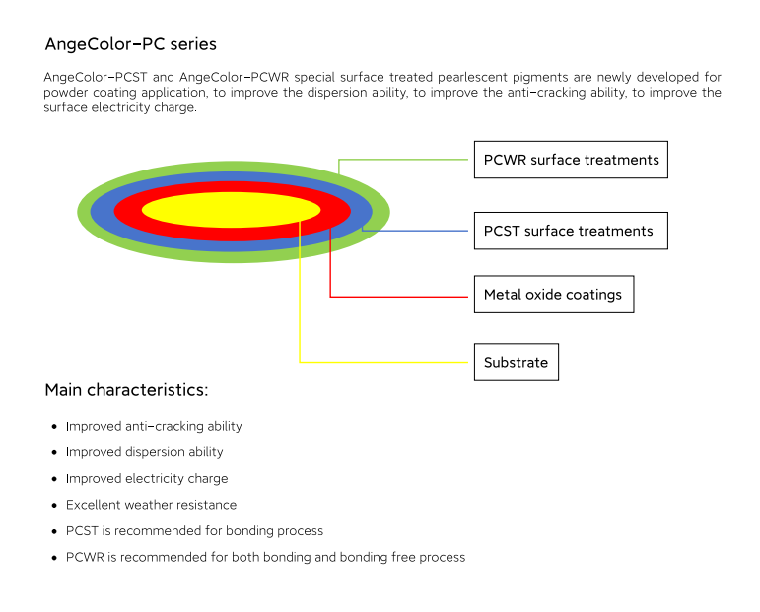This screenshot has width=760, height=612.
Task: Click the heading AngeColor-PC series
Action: [x=130, y=44]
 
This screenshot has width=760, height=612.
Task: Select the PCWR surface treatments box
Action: [x=571, y=160]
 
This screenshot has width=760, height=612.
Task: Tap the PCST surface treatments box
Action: [x=571, y=231]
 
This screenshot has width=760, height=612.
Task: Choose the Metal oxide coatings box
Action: [x=554, y=294]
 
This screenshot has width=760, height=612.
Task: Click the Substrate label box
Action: [x=517, y=362]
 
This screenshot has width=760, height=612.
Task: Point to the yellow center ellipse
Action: [x=232, y=210]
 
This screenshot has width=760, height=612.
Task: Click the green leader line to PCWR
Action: [x=403, y=160]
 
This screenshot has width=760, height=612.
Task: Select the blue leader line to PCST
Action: [x=415, y=231]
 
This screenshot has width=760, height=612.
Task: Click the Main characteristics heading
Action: [x=126, y=390]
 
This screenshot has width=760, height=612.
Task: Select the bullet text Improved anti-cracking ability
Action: [x=154, y=426]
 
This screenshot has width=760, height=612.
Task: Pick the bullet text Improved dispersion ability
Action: [x=145, y=452]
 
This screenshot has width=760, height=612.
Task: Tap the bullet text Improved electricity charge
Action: [x=147, y=478]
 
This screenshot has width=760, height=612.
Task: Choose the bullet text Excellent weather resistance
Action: [x=151, y=505]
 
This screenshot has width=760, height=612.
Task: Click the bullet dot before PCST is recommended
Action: [x=54, y=531]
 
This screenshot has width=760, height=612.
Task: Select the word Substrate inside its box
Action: [x=517, y=362]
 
